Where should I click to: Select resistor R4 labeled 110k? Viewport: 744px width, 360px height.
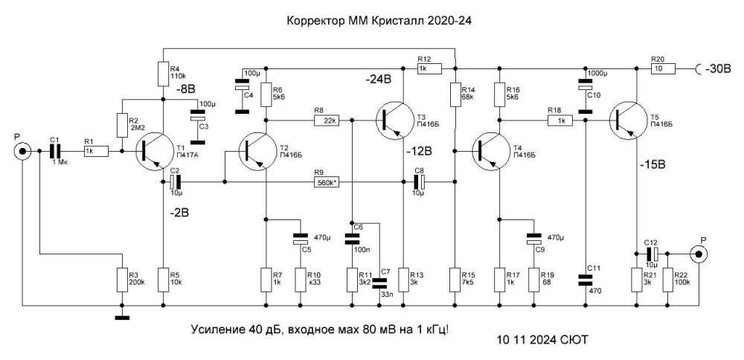click(164, 74)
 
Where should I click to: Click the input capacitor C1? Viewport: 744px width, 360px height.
click(56, 151)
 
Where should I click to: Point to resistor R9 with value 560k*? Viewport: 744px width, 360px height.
click(325, 181)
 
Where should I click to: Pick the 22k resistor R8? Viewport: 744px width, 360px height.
click(325, 118)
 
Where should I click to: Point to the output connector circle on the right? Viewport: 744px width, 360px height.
click(699, 255)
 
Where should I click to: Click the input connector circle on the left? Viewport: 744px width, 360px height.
click(23, 152)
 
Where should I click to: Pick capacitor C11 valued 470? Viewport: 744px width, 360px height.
click(586, 279)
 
